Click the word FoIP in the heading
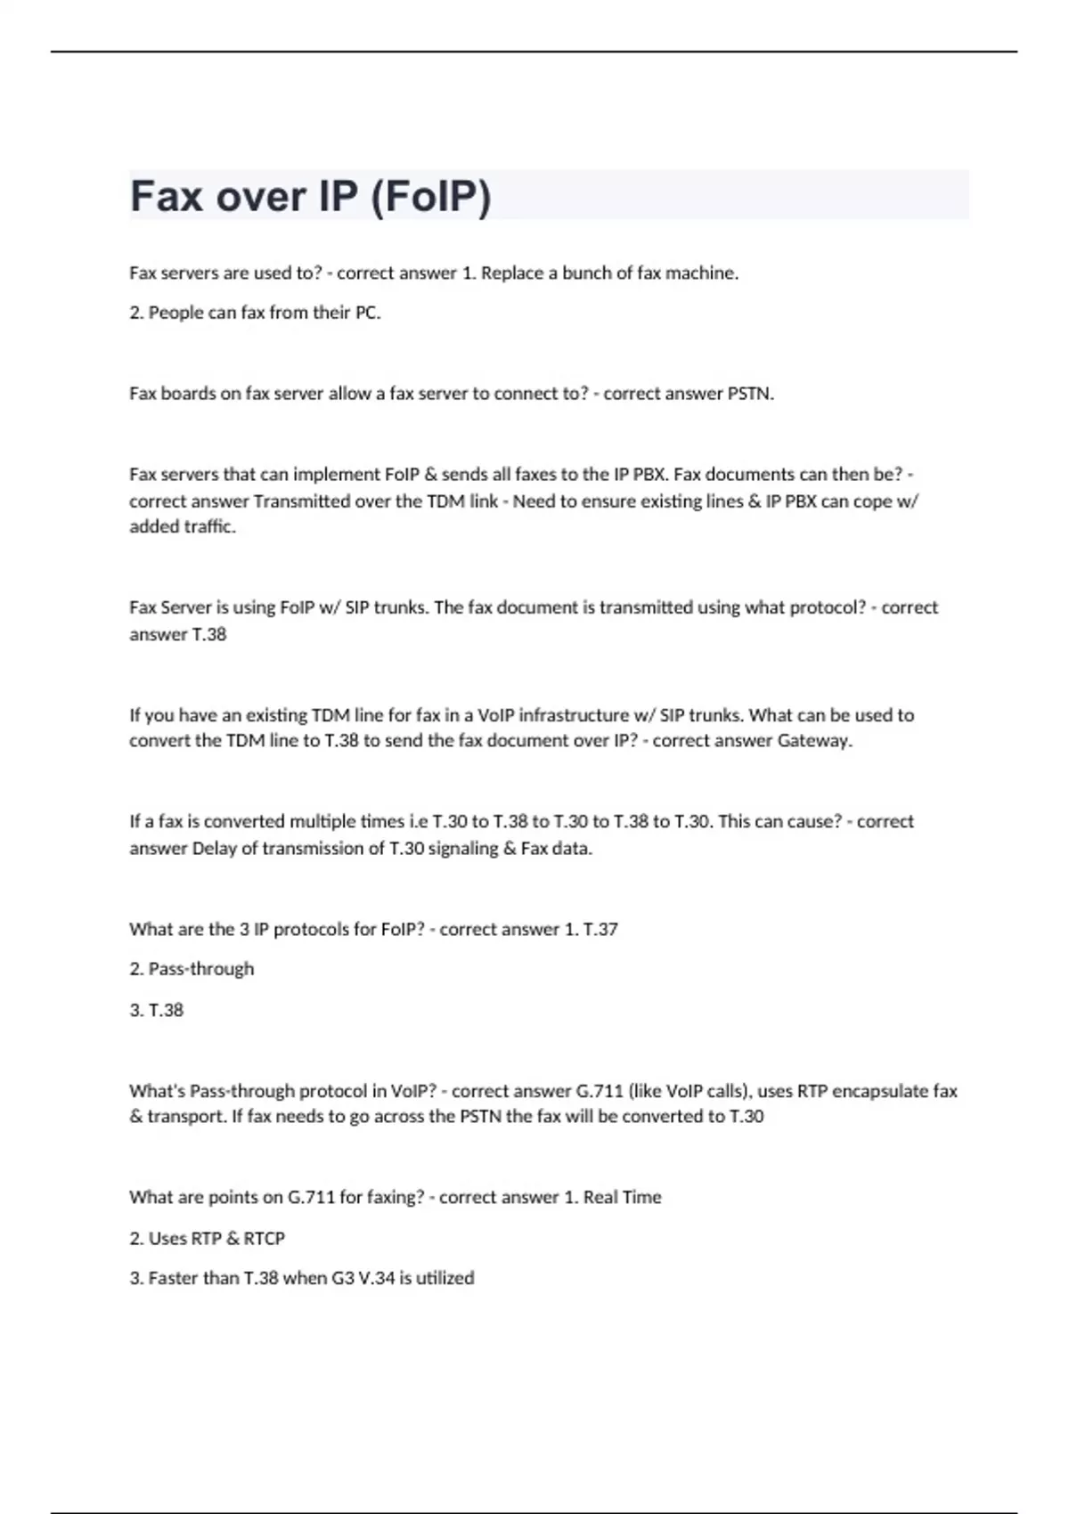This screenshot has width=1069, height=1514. [430, 197]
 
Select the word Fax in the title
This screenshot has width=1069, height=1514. [167, 197]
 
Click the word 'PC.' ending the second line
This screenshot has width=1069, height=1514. [368, 313]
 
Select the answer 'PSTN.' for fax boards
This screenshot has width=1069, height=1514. [751, 394]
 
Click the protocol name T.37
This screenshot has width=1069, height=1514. [600, 930]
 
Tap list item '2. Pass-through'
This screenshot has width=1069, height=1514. [192, 969]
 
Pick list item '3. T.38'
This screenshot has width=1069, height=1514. [157, 1011]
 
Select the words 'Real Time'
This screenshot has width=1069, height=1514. [622, 1198]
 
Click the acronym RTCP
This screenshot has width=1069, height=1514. [265, 1239]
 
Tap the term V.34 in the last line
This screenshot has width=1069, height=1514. [377, 1279]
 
